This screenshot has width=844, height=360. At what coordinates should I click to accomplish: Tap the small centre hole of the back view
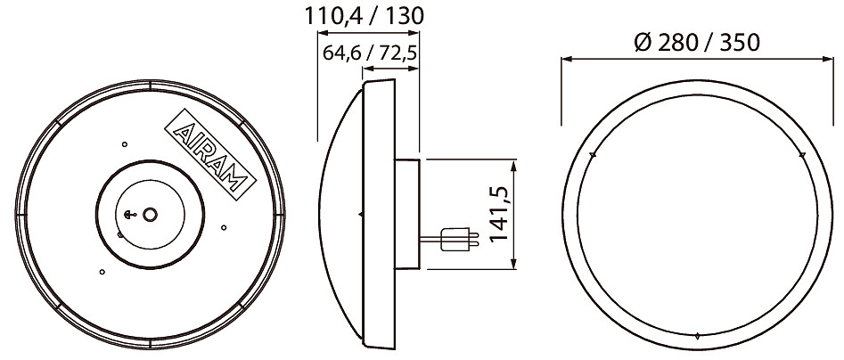[151, 214]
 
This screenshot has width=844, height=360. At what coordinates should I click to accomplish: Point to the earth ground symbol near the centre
[129, 215]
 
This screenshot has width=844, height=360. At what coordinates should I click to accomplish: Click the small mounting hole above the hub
[125, 144]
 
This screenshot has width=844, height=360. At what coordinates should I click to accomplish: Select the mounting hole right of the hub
[224, 227]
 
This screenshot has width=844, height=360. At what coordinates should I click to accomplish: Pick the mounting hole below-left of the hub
[102, 272]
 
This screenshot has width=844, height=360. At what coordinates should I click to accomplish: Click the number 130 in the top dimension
[405, 16]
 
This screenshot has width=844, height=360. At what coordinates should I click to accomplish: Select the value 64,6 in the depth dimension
[341, 53]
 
